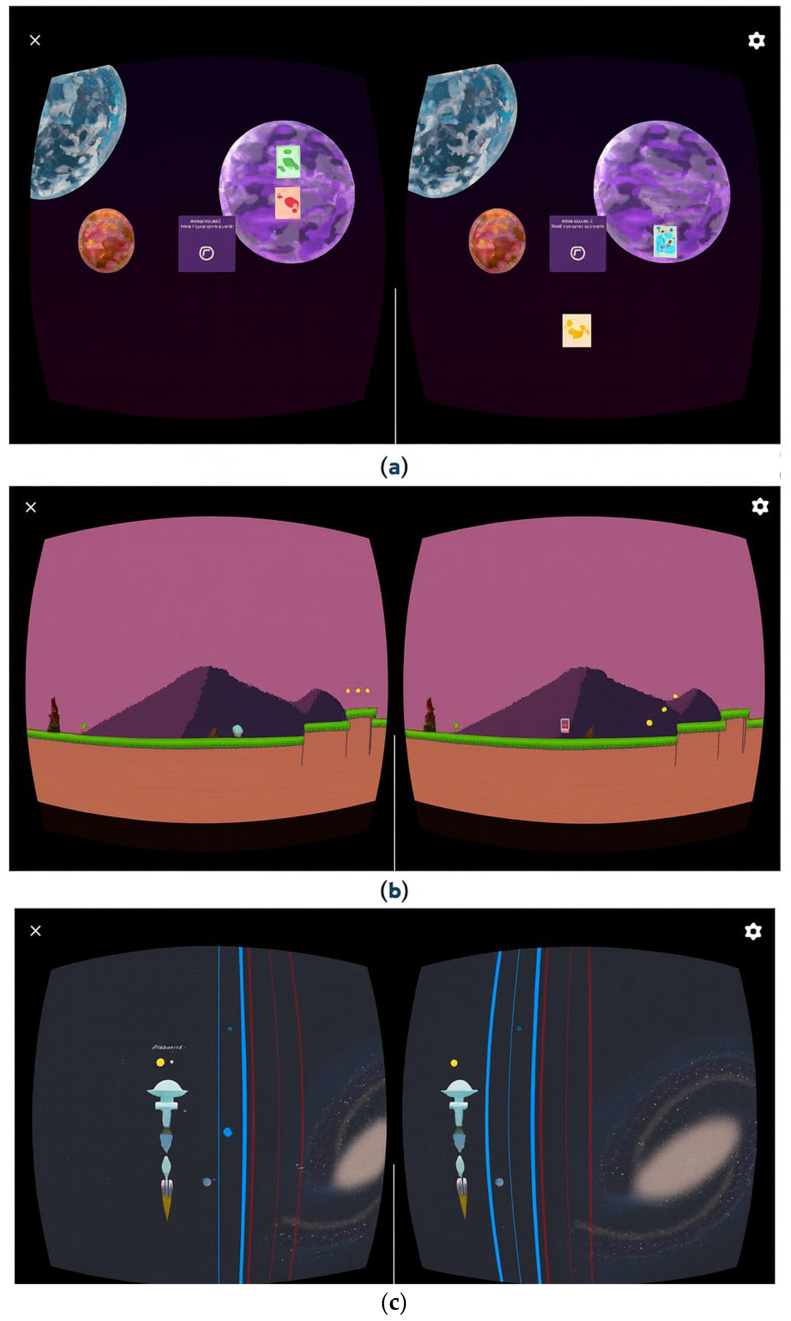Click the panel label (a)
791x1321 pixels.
coord(394,467)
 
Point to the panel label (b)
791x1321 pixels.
coord(394,891)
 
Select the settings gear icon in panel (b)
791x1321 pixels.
coord(759,507)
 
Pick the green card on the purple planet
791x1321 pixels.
coord(288,161)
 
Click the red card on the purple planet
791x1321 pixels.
coord(287,203)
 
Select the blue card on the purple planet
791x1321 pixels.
coord(665,241)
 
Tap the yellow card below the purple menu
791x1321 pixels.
coord(577,331)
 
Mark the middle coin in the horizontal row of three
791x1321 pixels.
coord(358,691)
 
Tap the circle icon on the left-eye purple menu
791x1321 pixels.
coord(206,253)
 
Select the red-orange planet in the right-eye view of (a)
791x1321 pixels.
coord(497,240)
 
